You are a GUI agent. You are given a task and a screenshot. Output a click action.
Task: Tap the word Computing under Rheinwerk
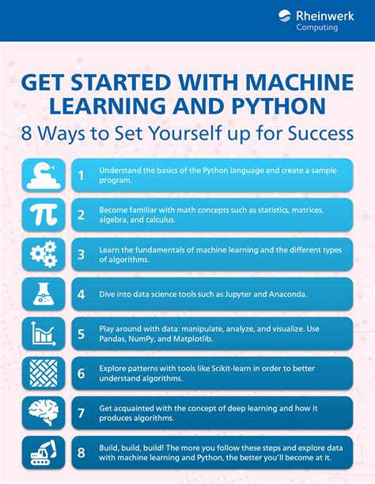(x=317, y=27)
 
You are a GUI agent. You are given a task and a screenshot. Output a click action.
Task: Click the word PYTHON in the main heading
(x=300, y=106)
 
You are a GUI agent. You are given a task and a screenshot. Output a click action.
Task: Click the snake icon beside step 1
(x=42, y=174)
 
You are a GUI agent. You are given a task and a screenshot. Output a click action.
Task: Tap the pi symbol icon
(x=42, y=215)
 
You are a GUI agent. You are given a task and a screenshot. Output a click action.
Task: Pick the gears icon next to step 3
(x=42, y=254)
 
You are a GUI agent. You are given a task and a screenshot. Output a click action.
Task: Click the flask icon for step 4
(x=42, y=294)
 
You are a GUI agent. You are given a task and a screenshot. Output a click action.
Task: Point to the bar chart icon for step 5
(x=42, y=333)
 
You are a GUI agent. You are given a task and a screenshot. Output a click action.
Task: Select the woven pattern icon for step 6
(x=42, y=373)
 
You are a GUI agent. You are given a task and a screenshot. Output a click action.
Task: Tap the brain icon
(x=42, y=412)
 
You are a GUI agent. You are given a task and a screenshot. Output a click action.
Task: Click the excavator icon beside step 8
(x=42, y=452)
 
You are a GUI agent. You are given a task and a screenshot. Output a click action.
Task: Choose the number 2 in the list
(x=81, y=215)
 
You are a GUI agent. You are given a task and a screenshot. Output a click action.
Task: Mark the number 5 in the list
(x=81, y=333)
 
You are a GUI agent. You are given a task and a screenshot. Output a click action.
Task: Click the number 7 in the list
(x=81, y=412)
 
